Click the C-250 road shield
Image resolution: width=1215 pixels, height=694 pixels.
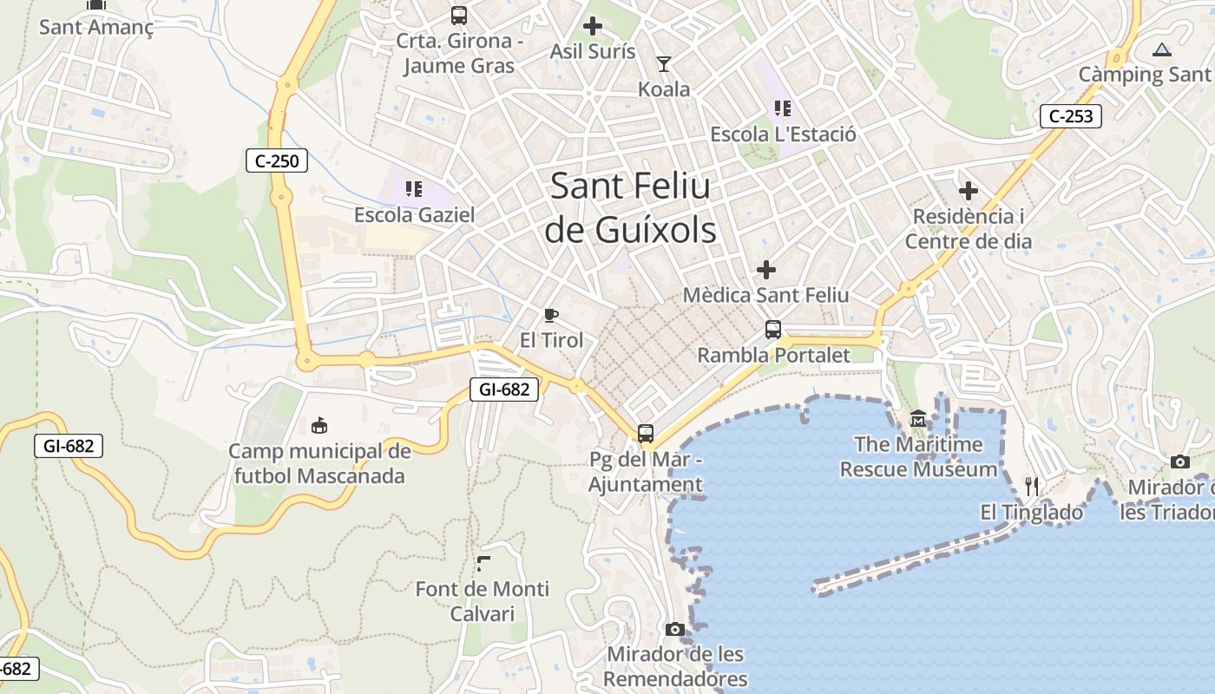(277, 160)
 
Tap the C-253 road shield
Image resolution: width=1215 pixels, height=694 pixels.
(1070, 115)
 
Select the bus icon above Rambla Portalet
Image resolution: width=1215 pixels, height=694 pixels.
(773, 330)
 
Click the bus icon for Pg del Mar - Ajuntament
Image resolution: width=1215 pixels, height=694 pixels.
(645, 434)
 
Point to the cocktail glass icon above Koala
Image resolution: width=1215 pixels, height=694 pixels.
(664, 64)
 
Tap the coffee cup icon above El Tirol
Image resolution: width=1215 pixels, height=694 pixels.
(551, 315)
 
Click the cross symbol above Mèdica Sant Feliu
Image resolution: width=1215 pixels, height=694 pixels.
(765, 270)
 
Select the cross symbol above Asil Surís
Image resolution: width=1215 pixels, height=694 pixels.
(593, 26)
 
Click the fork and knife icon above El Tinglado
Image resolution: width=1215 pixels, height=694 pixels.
(1032, 487)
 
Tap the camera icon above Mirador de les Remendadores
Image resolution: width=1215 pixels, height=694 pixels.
(675, 629)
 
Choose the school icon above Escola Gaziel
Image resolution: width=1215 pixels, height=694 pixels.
(414, 188)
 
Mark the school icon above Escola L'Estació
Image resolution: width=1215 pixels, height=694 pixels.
(783, 108)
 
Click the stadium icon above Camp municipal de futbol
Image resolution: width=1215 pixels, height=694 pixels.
(319, 425)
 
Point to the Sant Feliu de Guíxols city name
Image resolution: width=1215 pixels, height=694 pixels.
(631, 208)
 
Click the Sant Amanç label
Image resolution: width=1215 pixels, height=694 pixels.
(96, 27)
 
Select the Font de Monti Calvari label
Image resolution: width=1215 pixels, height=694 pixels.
(483, 601)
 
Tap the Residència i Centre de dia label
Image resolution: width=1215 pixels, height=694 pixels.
(969, 228)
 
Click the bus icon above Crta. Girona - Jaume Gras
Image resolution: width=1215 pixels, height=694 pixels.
(458, 15)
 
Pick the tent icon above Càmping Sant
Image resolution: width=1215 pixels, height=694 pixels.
(1162, 49)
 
